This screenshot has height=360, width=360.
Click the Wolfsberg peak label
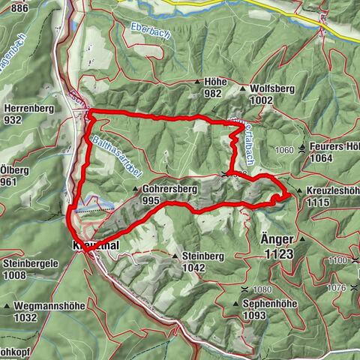273,88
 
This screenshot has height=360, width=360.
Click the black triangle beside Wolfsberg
243,88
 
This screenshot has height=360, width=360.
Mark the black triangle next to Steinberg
175,256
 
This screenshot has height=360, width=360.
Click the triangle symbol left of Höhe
197,82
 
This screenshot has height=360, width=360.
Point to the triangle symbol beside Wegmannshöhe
7,306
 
